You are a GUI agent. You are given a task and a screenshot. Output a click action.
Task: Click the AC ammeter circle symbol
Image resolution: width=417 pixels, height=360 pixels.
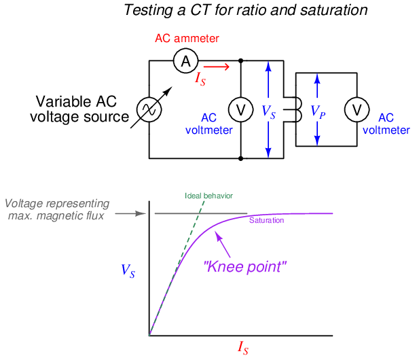[x=184, y=61]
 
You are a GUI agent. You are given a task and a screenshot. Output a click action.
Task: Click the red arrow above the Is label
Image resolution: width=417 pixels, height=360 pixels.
[x=217, y=67]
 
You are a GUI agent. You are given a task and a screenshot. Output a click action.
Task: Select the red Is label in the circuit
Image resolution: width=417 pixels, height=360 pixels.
[x=201, y=79]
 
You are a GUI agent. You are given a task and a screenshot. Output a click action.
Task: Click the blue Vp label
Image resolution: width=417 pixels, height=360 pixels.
[x=317, y=111]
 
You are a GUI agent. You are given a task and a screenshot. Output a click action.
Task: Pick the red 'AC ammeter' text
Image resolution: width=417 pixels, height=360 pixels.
[x=187, y=39]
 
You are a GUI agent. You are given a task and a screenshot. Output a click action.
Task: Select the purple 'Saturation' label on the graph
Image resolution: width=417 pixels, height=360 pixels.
[x=266, y=220]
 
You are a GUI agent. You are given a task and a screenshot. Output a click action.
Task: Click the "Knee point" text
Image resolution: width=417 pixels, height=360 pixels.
[x=245, y=267]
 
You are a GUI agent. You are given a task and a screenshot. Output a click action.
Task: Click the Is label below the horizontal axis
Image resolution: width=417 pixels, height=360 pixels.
[x=242, y=349]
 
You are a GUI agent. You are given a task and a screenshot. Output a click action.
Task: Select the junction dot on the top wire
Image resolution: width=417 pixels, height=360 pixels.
[x=240, y=61]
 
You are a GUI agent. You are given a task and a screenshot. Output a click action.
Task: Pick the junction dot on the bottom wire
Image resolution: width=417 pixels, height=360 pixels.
[x=240, y=158]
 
